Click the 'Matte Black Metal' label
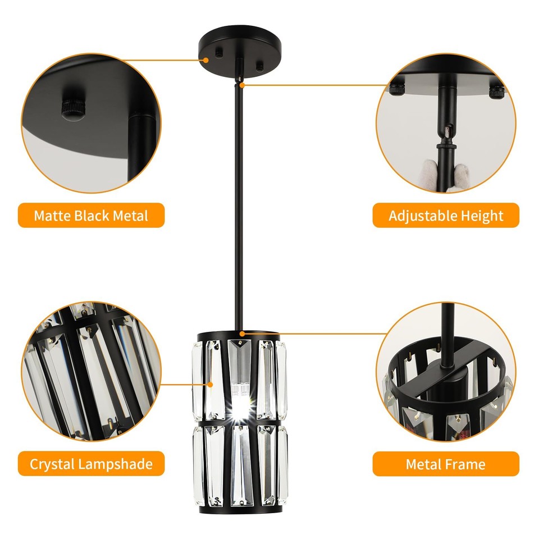pyautogui.click(x=91, y=216)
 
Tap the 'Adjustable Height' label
pyautogui.click(x=446, y=216)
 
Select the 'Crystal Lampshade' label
pyautogui.click(x=91, y=464)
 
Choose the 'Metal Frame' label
pyautogui.click(x=446, y=464)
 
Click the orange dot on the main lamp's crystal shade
pyautogui.click(x=211, y=385)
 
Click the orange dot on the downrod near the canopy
pyautogui.click(x=242, y=85)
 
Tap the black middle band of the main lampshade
pyautogui.click(x=240, y=422)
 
